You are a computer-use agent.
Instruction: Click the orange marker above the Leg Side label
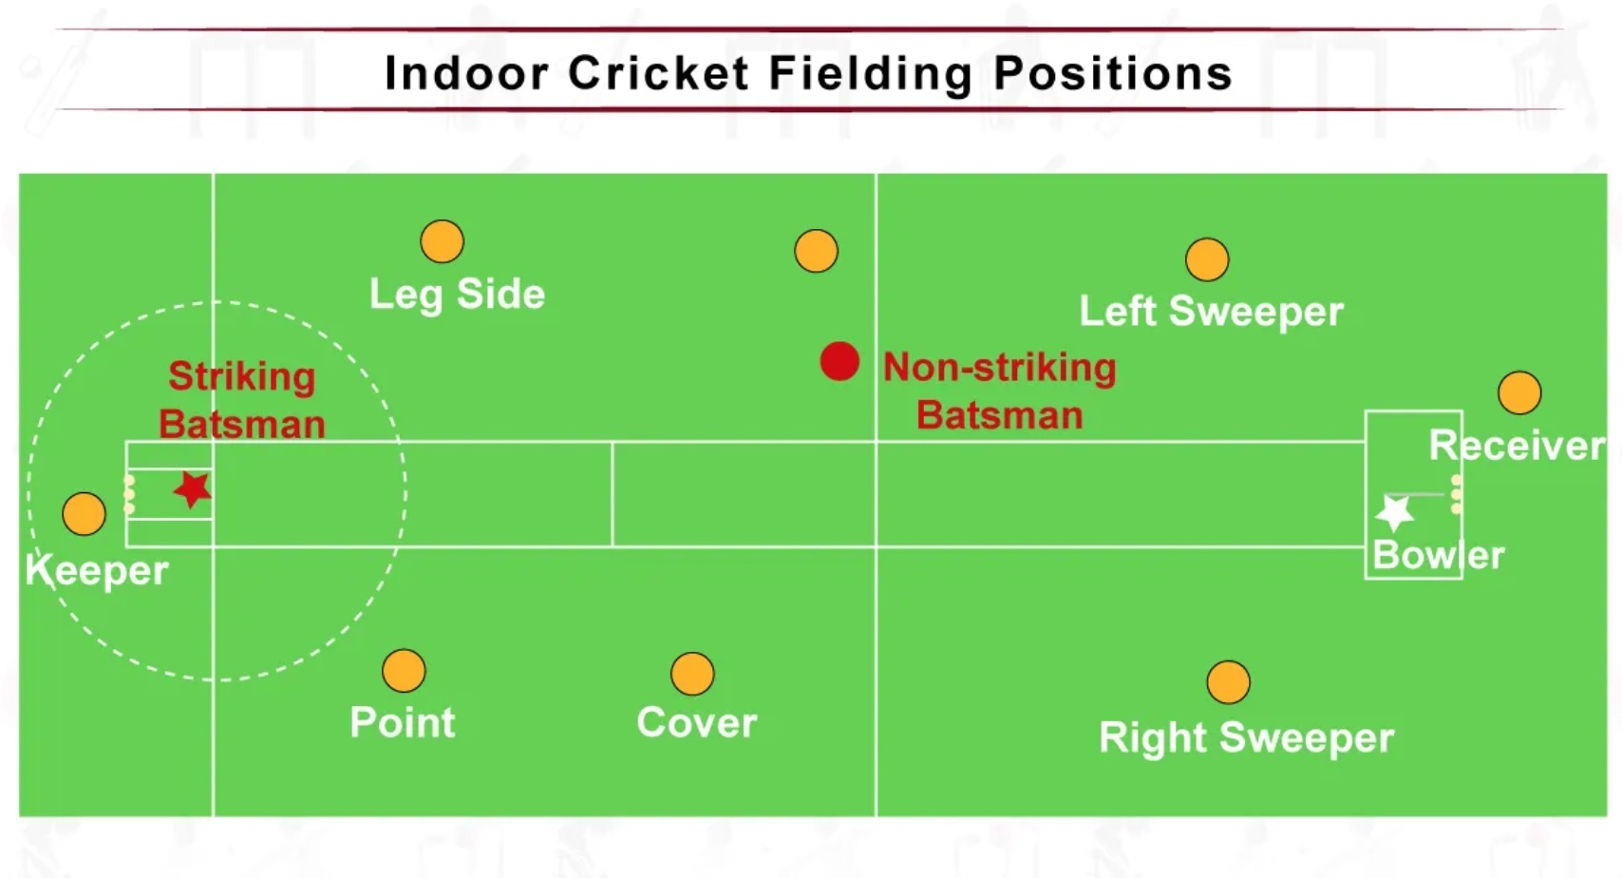[442, 241]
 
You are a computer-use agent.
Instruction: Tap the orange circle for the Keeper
[84, 514]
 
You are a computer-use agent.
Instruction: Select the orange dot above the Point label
[404, 671]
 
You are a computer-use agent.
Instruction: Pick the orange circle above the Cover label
[692, 674]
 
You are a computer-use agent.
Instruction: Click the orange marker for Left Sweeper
[1207, 259]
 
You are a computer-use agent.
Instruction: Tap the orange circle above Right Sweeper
[1228, 681]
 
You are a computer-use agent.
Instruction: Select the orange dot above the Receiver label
[1519, 392]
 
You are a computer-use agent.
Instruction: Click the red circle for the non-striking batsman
[839, 361]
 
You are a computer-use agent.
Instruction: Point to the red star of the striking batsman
[193, 489]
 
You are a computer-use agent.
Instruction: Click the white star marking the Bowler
[1395, 513]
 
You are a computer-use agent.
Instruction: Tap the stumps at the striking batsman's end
[129, 494]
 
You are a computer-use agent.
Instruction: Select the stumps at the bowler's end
[1456, 494]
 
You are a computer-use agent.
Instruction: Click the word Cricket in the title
[658, 73]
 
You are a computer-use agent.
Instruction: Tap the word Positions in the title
[1113, 73]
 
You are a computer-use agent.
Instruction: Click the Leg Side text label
[457, 295]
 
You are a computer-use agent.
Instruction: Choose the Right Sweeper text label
[1246, 738]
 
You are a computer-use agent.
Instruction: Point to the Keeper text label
[96, 571]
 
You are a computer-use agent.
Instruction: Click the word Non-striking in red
[999, 368]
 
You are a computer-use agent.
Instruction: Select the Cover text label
[697, 723]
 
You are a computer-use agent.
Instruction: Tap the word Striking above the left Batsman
[242, 376]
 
